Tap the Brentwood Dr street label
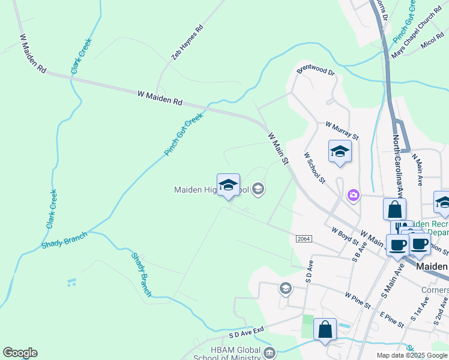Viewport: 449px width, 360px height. click(315, 71)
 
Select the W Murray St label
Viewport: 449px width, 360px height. click(342, 131)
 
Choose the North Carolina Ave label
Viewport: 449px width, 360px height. click(397, 166)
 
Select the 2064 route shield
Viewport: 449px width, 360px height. click(304, 238)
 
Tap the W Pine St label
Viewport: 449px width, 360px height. click(359, 300)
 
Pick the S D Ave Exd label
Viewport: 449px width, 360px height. click(246, 332)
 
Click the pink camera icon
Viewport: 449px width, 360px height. click(353, 194)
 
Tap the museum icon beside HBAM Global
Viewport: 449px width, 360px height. click(269, 352)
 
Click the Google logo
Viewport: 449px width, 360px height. click(20, 353)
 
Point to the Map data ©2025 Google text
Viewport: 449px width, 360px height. click(411, 355)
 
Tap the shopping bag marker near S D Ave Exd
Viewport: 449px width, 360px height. click(325, 329)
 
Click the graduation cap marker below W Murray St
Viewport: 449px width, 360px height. click(339, 152)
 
